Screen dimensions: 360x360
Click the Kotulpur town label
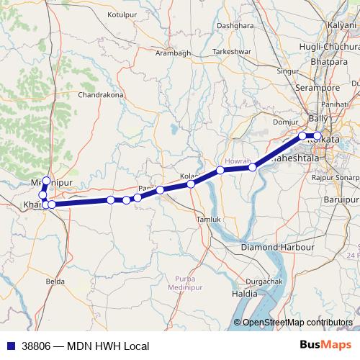pyautogui.click(x=121, y=14)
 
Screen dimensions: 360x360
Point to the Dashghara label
pyautogui.click(x=235, y=25)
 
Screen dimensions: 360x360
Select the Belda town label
pyautogui.click(x=54, y=281)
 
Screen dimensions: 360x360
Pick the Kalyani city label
pyautogui.click(x=342, y=25)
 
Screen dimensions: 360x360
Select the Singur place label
pyautogui.click(x=288, y=72)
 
